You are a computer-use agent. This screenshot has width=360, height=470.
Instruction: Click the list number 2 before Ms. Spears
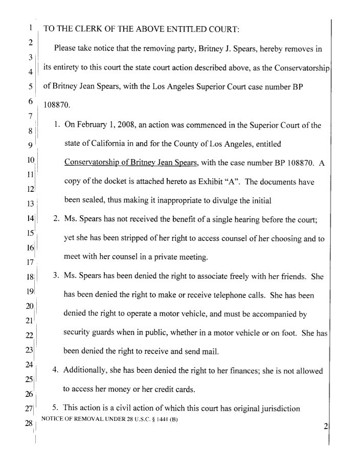tap(56, 220)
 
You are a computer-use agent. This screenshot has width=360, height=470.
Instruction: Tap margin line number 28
tap(29, 423)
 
